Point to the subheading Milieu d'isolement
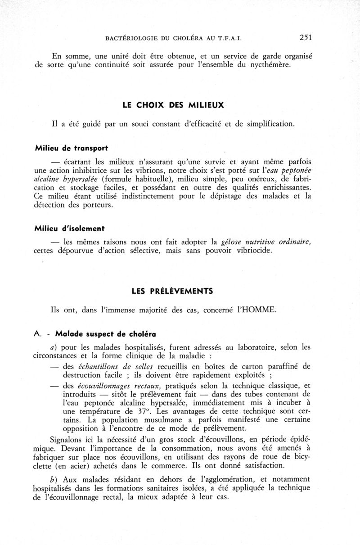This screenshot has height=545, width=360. point(66,228)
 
